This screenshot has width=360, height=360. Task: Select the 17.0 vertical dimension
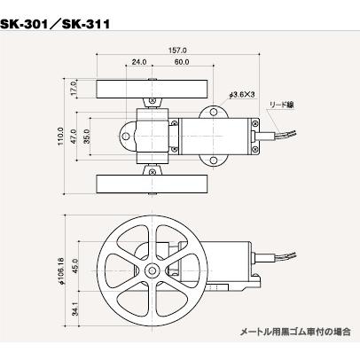75,88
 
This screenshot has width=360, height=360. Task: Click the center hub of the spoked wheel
153,269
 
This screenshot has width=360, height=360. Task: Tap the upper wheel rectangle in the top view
153,90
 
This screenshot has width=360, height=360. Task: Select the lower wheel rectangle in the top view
153,184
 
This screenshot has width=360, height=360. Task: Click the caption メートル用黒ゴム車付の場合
294,332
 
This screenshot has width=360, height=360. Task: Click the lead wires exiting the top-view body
279,137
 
